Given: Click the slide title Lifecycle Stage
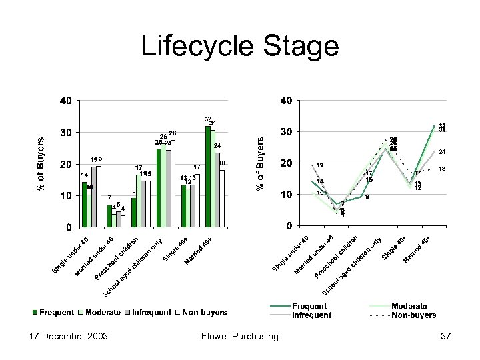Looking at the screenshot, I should click(x=240, y=47).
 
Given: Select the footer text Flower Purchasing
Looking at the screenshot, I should click(x=239, y=336).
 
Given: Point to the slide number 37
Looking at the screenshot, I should click(x=445, y=336).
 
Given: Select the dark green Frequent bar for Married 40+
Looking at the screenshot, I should click(x=208, y=176).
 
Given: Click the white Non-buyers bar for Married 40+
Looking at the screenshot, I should click(x=222, y=198).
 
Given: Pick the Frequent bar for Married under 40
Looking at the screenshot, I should click(x=109, y=215).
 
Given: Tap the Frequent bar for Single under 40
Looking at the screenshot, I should click(x=84, y=204).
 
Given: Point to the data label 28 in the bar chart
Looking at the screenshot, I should click(x=172, y=133).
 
